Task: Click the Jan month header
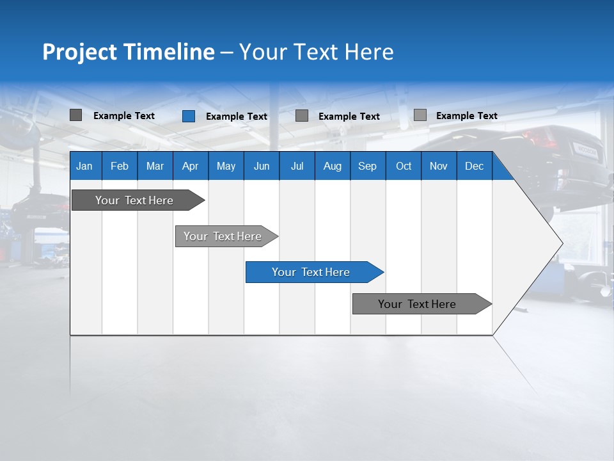(x=84, y=166)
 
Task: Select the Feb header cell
(x=120, y=166)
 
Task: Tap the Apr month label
(x=190, y=166)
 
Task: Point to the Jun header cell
(x=261, y=166)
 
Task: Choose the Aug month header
(x=332, y=166)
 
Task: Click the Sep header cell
(x=367, y=166)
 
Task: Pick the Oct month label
(x=404, y=166)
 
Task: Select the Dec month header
(x=474, y=166)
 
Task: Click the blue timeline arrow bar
(x=313, y=272)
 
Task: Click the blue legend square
(x=188, y=116)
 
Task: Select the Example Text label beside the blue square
(x=236, y=117)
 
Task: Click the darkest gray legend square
(x=75, y=115)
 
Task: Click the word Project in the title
(x=80, y=52)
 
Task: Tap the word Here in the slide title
(x=369, y=52)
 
